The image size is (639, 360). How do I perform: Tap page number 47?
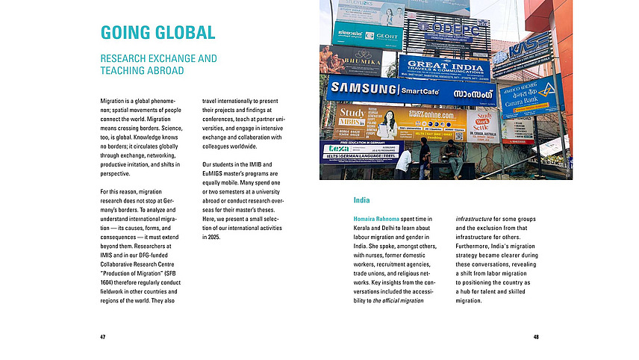(x=102, y=337)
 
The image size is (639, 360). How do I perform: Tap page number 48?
(x=536, y=337)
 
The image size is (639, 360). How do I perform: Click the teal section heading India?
(x=362, y=201)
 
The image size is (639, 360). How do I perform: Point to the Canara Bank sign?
(x=529, y=97)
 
